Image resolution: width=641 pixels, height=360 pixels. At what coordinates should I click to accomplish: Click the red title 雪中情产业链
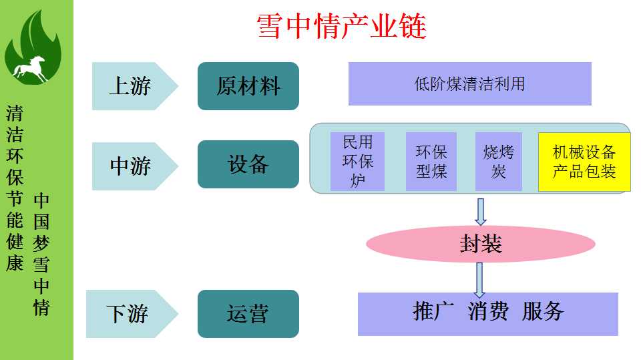click(341, 26)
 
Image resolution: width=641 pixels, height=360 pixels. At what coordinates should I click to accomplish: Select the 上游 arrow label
click(131, 86)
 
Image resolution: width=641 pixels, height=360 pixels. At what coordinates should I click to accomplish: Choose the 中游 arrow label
click(131, 164)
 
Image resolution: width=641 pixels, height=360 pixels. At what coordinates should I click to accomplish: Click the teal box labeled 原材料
click(248, 86)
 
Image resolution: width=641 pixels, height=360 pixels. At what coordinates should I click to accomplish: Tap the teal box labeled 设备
click(248, 164)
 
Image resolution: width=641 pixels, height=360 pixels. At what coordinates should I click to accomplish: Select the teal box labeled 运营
click(248, 313)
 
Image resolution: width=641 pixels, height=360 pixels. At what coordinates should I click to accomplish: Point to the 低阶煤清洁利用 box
click(469, 84)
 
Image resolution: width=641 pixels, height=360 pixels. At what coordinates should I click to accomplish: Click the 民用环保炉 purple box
click(357, 161)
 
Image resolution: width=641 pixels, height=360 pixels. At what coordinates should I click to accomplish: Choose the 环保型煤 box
click(431, 161)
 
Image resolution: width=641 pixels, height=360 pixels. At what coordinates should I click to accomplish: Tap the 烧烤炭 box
click(498, 161)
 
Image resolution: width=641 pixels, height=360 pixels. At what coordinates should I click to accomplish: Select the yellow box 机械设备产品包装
click(584, 161)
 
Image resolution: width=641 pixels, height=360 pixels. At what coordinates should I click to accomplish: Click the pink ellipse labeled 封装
click(480, 244)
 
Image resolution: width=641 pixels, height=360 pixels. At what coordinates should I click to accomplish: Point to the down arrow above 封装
click(480, 211)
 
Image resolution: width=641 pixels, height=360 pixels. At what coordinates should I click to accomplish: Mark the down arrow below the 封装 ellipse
click(479, 279)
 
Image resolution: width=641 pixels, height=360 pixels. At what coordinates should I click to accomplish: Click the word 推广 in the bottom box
click(433, 311)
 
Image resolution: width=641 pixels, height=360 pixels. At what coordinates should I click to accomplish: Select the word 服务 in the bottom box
click(544, 311)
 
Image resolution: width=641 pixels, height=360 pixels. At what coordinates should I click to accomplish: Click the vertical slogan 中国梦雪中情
click(41, 254)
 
